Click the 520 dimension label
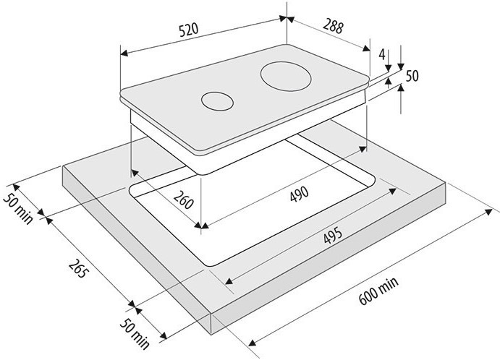pyautogui.click(x=189, y=30)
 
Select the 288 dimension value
pyautogui.click(x=333, y=26)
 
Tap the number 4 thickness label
pyautogui.click(x=382, y=54)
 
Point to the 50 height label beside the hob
pyautogui.click(x=412, y=76)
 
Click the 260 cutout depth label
pyautogui.click(x=183, y=200)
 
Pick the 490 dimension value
pyautogui.click(x=300, y=194)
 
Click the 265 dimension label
pyautogui.click(x=77, y=269)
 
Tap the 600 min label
pyautogui.click(x=378, y=291)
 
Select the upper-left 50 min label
pyautogui.click(x=18, y=208)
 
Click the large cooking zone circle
pyautogui.click(x=286, y=77)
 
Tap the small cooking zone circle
pyautogui.click(x=217, y=101)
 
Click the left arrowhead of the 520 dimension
pyautogui.click(x=124, y=53)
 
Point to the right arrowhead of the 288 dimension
pyautogui.click(x=366, y=48)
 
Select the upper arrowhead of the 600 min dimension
pyautogui.click(x=488, y=212)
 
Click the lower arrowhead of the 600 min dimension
pyautogui.click(x=253, y=343)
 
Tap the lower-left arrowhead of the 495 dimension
pyautogui.click(x=229, y=281)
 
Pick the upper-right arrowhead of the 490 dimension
pyautogui.click(x=363, y=149)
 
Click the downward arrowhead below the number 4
pyautogui.click(x=388, y=68)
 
